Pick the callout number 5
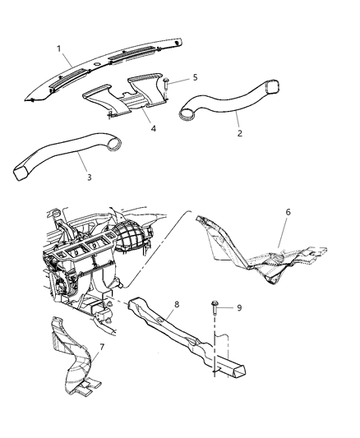[x=195, y=79]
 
